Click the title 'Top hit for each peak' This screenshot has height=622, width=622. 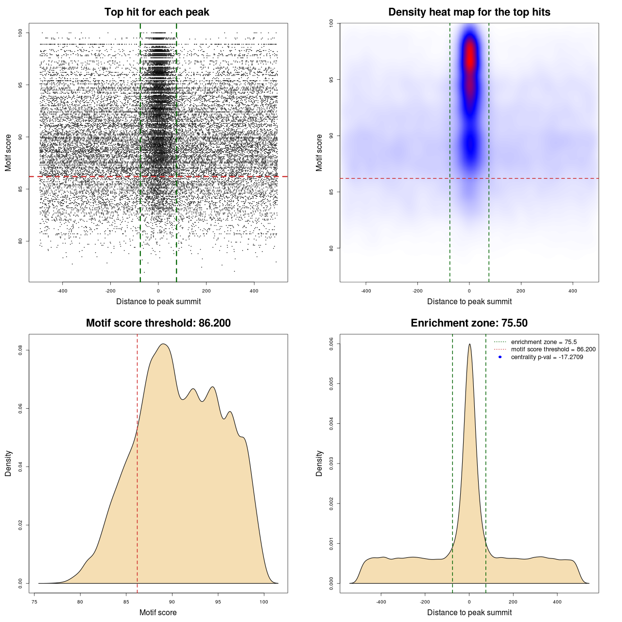[x=156, y=12]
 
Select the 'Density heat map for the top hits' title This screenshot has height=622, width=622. [x=469, y=12]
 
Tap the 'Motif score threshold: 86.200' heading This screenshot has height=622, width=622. [x=158, y=323]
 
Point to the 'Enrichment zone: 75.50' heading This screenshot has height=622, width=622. [x=469, y=323]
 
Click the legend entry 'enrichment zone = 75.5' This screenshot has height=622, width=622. [x=543, y=342]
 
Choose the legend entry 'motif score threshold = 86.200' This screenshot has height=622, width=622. [x=553, y=349]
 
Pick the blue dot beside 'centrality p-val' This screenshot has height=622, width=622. [x=500, y=357]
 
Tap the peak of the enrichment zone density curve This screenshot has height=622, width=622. [x=469, y=345]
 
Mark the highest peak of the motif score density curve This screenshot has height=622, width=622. [x=164, y=344]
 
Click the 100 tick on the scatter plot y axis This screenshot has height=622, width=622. [x=21, y=33]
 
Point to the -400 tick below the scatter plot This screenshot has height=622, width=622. [x=63, y=291]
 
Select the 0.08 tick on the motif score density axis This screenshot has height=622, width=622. [x=20, y=350]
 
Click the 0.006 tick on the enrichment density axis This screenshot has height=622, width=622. [x=331, y=344]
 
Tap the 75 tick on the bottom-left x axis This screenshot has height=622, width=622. [x=35, y=602]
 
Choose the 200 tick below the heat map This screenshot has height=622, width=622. [x=521, y=291]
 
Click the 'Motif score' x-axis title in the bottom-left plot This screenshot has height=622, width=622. [x=158, y=612]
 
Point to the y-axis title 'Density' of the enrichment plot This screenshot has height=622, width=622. [x=319, y=463]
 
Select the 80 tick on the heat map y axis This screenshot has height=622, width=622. [x=331, y=248]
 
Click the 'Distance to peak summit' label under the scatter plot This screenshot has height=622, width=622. [x=158, y=302]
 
